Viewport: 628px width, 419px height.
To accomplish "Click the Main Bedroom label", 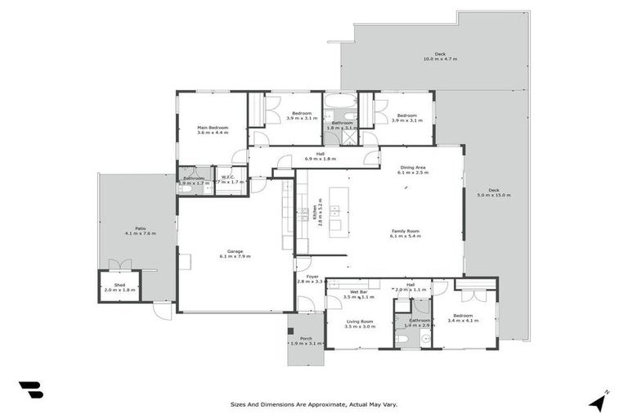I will coord(212,128).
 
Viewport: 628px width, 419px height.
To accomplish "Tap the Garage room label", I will coord(235,251).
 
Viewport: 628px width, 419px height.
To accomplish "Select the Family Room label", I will coord(406,231).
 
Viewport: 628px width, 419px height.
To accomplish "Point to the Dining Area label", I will coord(411,167).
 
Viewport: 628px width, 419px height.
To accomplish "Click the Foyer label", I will coord(312,277).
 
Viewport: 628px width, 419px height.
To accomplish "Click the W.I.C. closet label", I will coord(227,178).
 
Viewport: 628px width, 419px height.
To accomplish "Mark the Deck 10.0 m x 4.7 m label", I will coord(440,54).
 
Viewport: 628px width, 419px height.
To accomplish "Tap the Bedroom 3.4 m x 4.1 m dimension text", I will coord(463,320).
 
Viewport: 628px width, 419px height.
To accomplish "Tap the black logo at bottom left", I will coord(31,390).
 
